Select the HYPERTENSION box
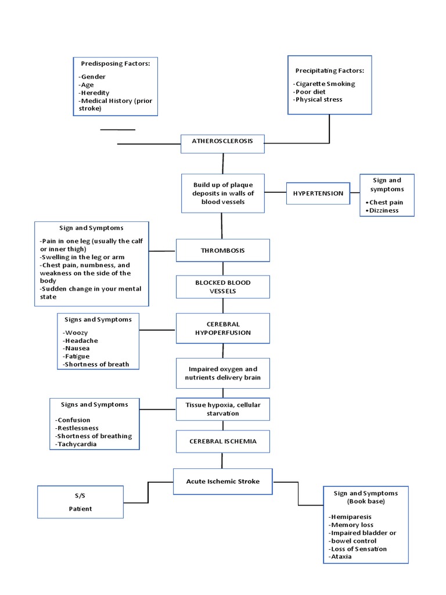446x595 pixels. (x=318, y=193)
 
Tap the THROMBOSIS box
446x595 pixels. (x=222, y=250)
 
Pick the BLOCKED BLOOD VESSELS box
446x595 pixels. (x=222, y=286)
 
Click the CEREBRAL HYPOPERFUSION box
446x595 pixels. (x=222, y=328)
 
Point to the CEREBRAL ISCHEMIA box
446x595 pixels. (x=222, y=441)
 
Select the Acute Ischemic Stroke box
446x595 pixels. (x=222, y=481)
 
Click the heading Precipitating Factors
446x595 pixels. (x=329, y=70)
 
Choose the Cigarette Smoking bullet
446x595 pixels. (x=325, y=84)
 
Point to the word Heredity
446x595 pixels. (x=94, y=92)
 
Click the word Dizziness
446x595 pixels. (x=383, y=210)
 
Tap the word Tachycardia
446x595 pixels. (x=76, y=444)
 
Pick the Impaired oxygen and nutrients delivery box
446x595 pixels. (x=222, y=373)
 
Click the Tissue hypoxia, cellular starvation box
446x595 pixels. (x=222, y=409)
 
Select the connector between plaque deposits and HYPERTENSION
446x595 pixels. (x=275, y=193)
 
